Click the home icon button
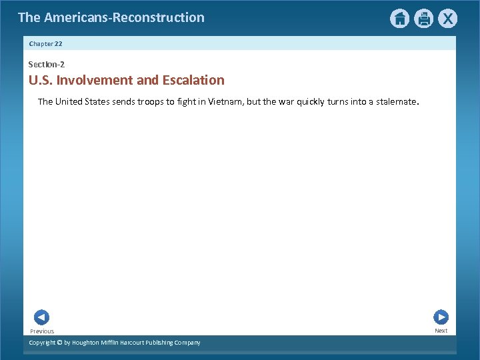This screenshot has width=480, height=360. tap(399, 19)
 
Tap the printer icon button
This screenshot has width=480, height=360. tap(423, 19)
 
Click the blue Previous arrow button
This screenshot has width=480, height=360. tap(41, 317)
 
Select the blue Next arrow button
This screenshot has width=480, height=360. tap(441, 317)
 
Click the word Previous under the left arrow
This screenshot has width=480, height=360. tap(42, 331)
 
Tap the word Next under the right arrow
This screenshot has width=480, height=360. tap(441, 331)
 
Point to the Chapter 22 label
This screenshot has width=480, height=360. tap(45, 43)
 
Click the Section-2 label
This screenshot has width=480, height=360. tap(46, 65)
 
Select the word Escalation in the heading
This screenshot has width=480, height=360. tap(193, 81)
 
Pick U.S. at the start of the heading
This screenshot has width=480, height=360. tap(41, 81)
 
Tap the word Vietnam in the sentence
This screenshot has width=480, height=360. tap(226, 102)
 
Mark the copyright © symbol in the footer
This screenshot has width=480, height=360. tap(59, 343)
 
